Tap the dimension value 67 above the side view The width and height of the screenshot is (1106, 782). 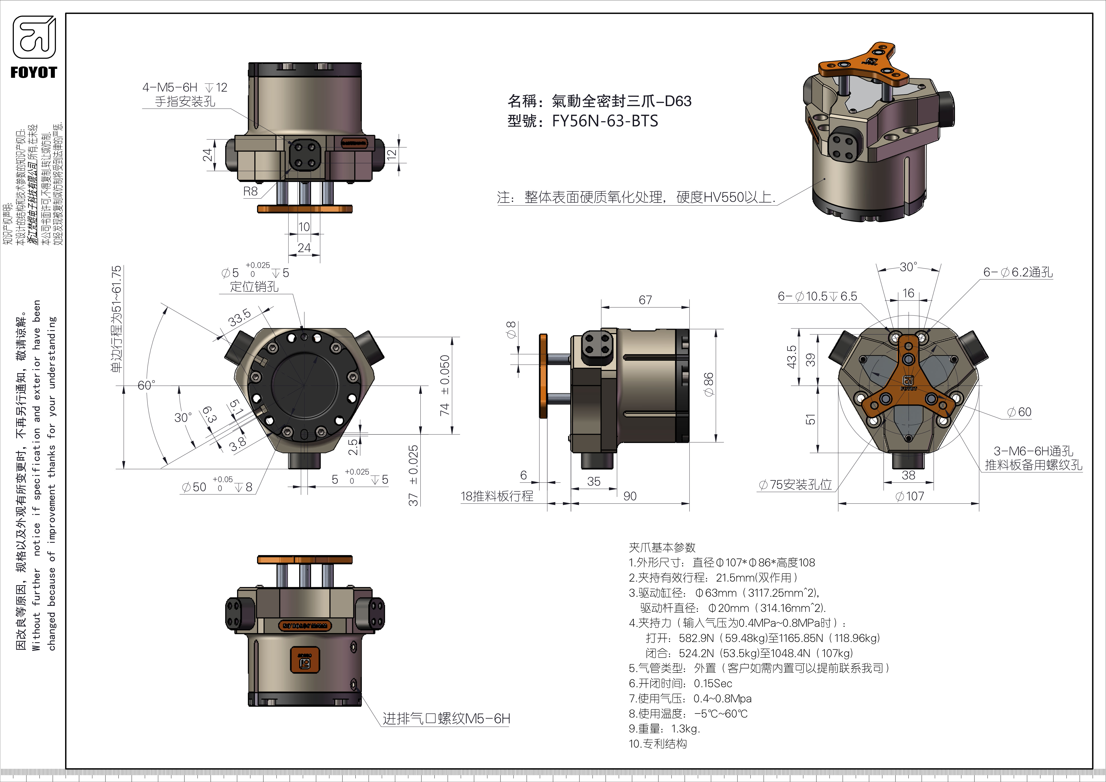coord(645,300)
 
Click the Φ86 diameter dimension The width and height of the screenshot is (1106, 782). coord(708,384)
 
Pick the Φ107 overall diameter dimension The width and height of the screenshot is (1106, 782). coord(909,496)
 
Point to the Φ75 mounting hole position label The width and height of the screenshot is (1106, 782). coord(795,484)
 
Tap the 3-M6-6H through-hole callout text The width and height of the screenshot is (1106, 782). coord(1033,451)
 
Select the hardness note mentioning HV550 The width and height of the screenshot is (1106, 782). coord(636,198)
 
